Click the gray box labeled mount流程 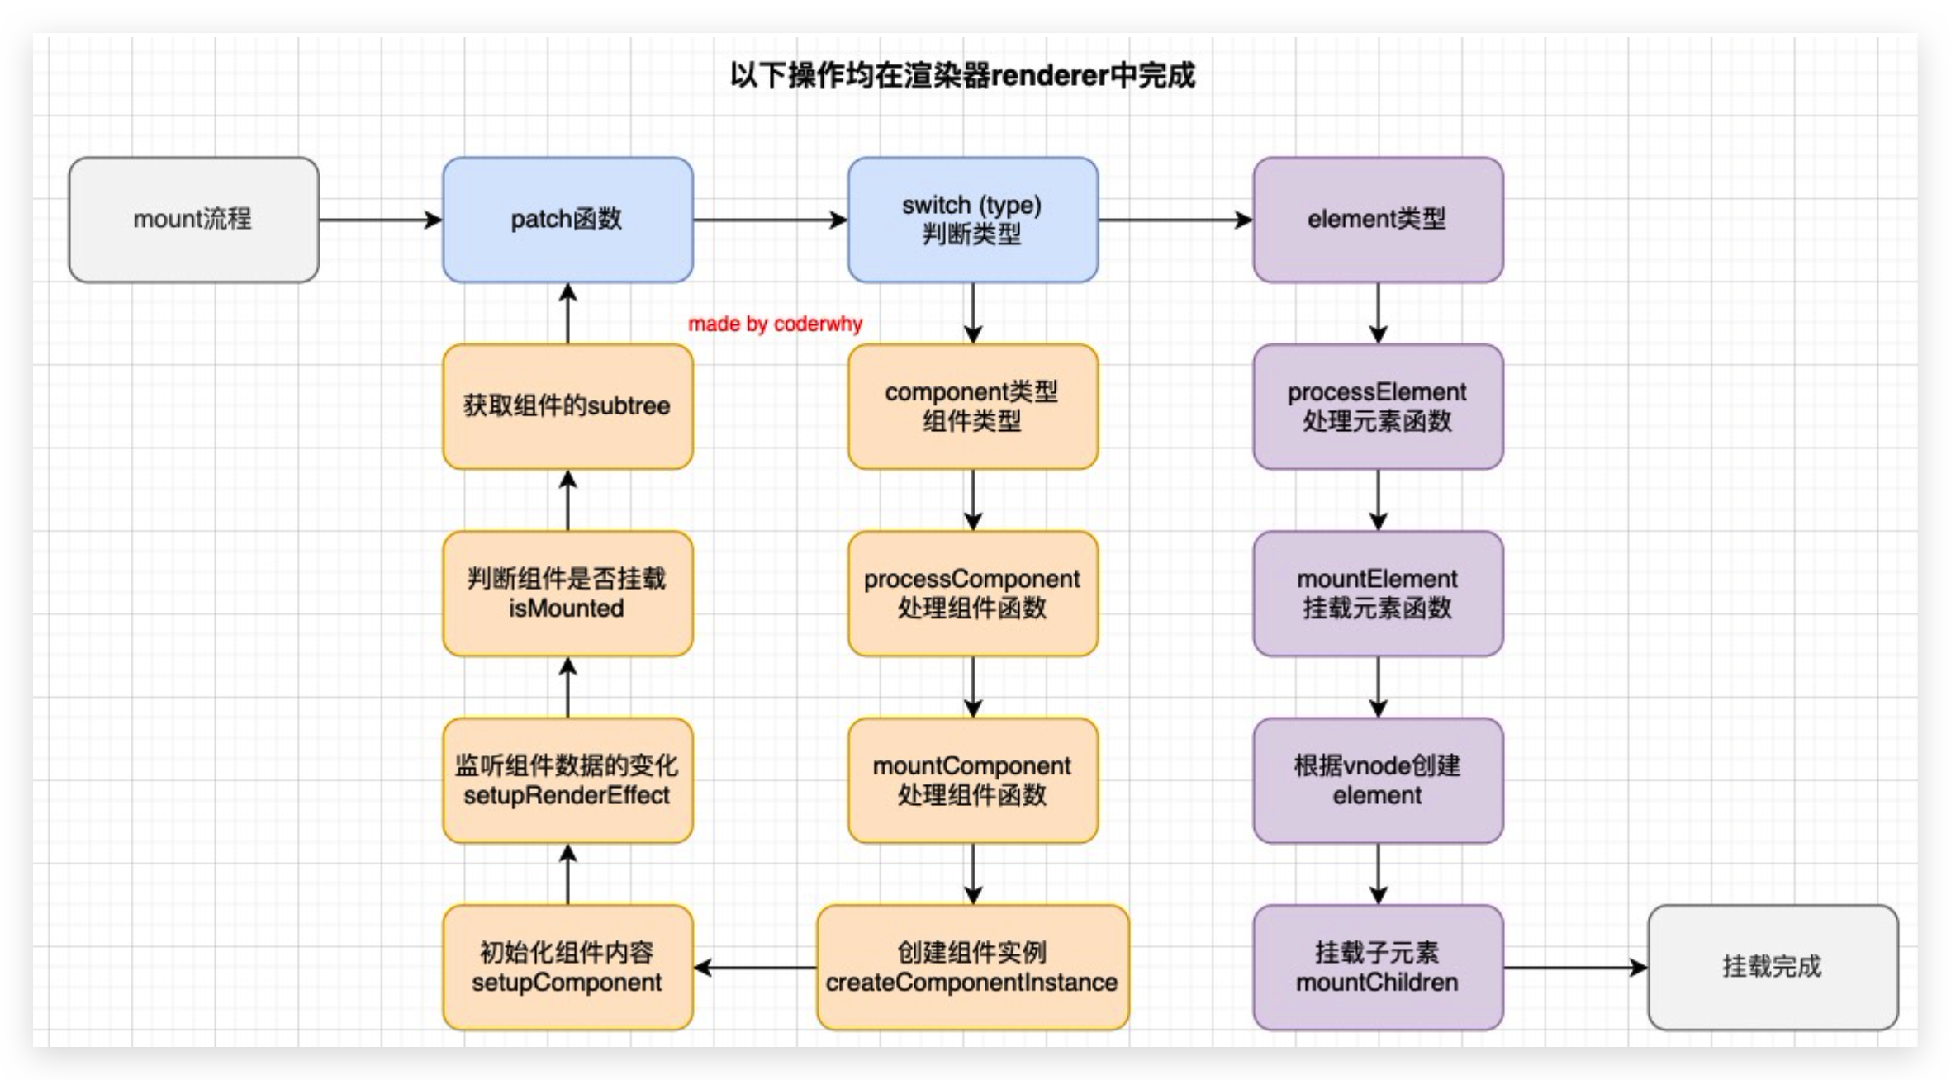(x=193, y=220)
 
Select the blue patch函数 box (x=567, y=220)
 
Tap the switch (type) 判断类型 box (x=972, y=220)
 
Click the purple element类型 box (x=1377, y=220)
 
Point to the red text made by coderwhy (x=775, y=324)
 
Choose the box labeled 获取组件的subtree (x=567, y=406)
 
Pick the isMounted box (x=567, y=594)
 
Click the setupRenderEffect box (x=567, y=780)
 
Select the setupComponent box (x=567, y=967)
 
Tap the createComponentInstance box (x=972, y=967)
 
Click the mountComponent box (x=972, y=780)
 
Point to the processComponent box (x=972, y=594)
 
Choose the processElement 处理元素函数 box (x=1377, y=406)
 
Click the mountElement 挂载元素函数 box (x=1377, y=594)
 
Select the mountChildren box (x=1377, y=967)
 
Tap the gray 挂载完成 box (x=1773, y=967)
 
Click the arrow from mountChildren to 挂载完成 (x=1574, y=968)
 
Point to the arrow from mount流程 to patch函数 (x=380, y=220)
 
